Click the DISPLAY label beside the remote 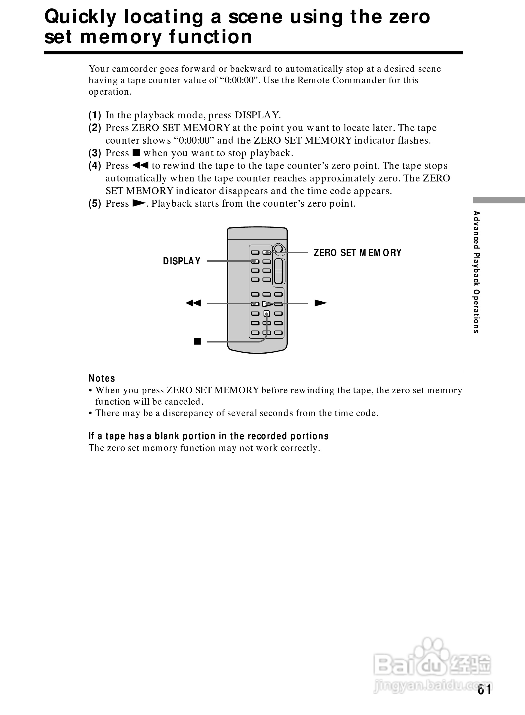click(x=181, y=261)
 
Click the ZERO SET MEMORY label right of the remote click(x=357, y=253)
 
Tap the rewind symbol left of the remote click(x=193, y=303)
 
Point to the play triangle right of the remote click(x=320, y=303)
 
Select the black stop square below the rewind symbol click(x=197, y=341)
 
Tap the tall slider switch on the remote click(x=279, y=271)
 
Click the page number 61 click(x=484, y=690)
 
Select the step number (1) click(x=95, y=115)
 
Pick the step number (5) click(x=95, y=203)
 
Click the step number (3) click(x=95, y=153)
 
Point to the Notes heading click(x=102, y=378)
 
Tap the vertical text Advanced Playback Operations click(x=476, y=272)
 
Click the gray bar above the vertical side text click(x=499, y=200)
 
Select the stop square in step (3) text click(x=136, y=153)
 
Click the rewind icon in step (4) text click(x=140, y=165)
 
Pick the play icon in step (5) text click(x=138, y=203)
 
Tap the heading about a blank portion click(x=208, y=436)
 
